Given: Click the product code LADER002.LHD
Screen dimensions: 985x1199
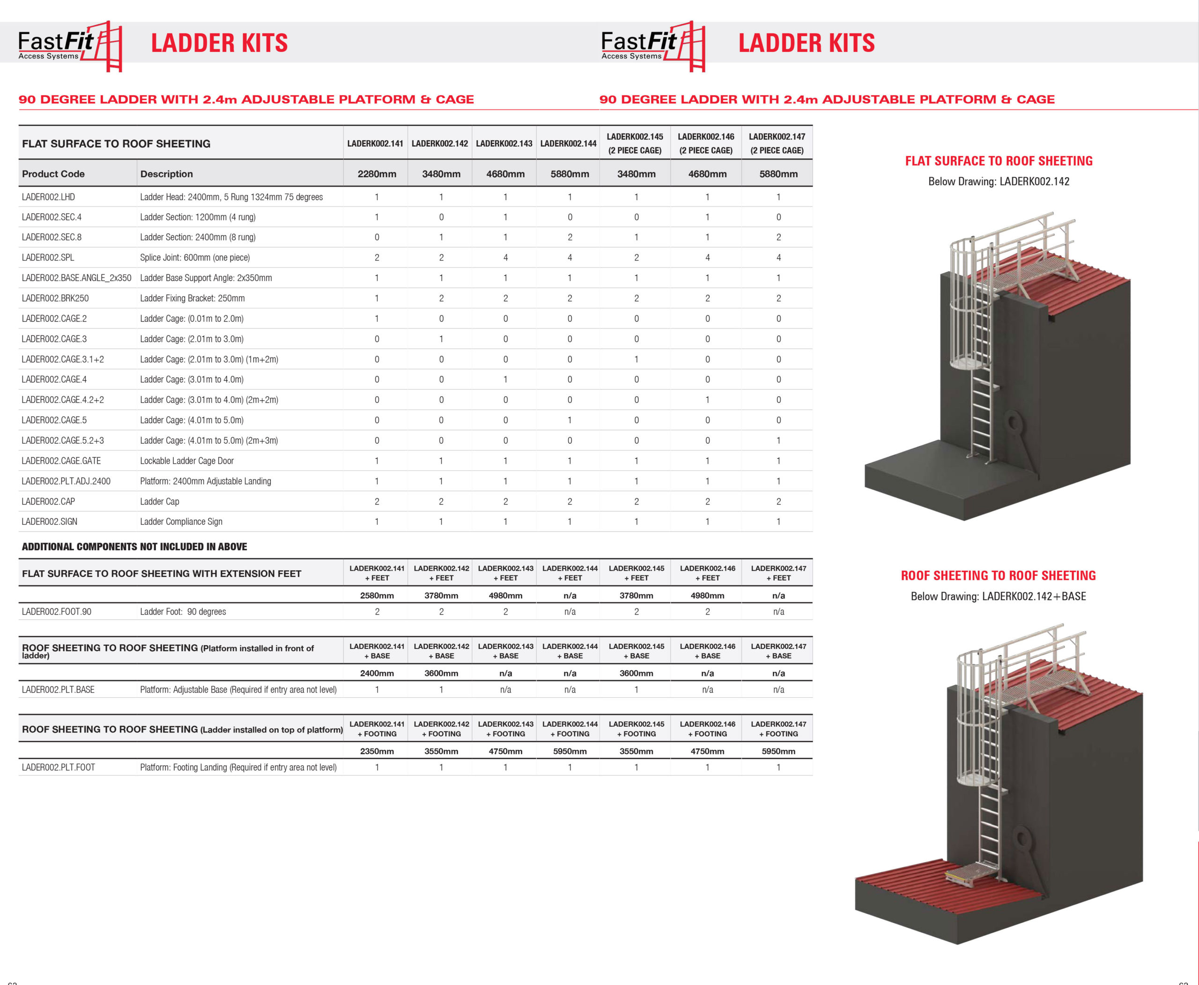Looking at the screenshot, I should pyautogui.click(x=48, y=197).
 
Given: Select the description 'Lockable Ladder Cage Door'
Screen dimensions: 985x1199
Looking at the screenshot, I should pyautogui.click(x=186, y=461).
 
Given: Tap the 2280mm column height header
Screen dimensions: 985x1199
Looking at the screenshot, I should pyautogui.click(x=377, y=174).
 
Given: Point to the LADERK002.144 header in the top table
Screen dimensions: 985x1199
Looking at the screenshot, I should pyautogui.click(x=568, y=143).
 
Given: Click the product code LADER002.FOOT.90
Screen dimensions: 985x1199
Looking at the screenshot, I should pyautogui.click(x=56, y=612).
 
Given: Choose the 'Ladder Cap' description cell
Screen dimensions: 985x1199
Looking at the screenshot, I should pyautogui.click(x=159, y=501).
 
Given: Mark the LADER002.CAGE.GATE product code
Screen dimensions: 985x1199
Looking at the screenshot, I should pyautogui.click(x=61, y=461).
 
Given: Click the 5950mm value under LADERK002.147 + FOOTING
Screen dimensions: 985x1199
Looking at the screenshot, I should pyautogui.click(x=778, y=751).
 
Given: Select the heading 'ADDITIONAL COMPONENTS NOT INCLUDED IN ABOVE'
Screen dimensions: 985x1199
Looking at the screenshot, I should pyautogui.click(x=134, y=546).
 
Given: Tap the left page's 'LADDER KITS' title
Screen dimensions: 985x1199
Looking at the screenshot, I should pyautogui.click(x=219, y=43).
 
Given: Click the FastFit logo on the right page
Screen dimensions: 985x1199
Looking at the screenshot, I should pyautogui.click(x=653, y=45).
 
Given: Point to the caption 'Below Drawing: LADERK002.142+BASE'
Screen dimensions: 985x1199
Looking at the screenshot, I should pyautogui.click(x=998, y=597).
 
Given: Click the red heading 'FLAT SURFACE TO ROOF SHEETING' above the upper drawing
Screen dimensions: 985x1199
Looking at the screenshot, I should pyautogui.click(x=998, y=161).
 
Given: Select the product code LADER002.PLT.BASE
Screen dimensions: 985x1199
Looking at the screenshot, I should pyautogui.click(x=58, y=689).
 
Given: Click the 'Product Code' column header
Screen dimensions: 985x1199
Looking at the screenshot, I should pyautogui.click(x=53, y=174).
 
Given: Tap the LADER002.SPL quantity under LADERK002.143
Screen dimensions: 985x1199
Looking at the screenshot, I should pyautogui.click(x=505, y=258).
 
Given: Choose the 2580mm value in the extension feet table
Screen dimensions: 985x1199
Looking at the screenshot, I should pyautogui.click(x=377, y=596).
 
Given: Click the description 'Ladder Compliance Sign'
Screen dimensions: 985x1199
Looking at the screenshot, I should pyautogui.click(x=181, y=522).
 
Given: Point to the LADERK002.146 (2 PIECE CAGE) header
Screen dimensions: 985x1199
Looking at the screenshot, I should pyautogui.click(x=706, y=143).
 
